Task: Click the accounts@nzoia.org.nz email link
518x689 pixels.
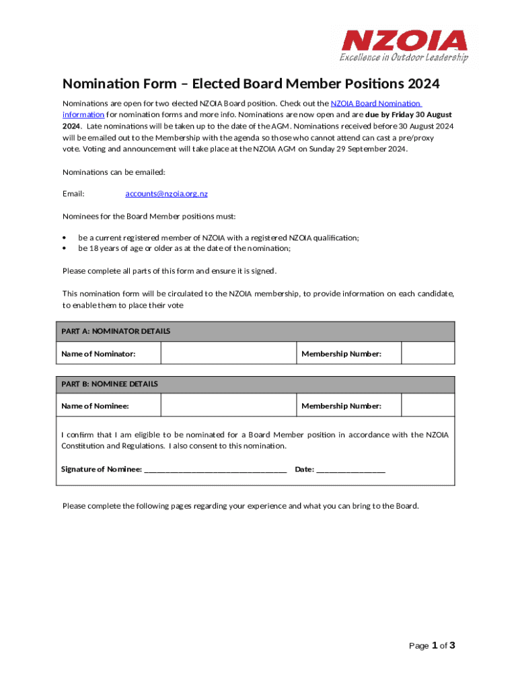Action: coord(166,194)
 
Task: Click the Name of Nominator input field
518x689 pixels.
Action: coord(228,353)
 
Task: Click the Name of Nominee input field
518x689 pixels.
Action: coord(228,406)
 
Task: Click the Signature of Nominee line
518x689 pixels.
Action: coord(215,470)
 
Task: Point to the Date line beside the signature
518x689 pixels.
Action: coord(350,470)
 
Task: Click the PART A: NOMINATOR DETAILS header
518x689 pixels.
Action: coord(116,332)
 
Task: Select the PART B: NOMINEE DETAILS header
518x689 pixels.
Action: coord(110,384)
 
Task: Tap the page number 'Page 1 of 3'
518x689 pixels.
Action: coord(433,646)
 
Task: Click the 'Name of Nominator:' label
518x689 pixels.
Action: coord(98,354)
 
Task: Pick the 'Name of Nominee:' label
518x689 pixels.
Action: coord(95,406)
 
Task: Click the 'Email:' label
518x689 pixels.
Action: coord(73,194)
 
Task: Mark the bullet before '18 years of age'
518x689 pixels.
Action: coord(65,248)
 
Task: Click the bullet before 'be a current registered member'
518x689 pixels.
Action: coord(65,238)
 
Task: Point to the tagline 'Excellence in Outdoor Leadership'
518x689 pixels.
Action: coord(404,58)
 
